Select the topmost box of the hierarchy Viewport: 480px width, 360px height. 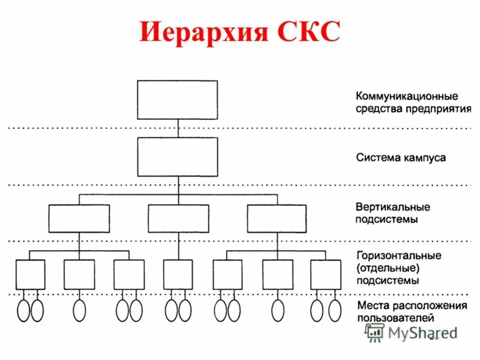point(178,99)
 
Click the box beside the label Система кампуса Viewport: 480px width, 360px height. point(178,157)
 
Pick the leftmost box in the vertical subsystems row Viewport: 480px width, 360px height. point(79,218)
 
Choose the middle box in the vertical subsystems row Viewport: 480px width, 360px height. point(178,218)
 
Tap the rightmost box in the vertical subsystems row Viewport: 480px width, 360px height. point(277,218)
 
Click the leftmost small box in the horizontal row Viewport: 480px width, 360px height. point(30,274)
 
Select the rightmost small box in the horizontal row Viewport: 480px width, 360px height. point(325,274)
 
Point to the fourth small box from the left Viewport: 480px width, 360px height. point(178,274)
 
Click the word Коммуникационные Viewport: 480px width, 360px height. point(407,96)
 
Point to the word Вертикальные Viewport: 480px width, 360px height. point(392,207)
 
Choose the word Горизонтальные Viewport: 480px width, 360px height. point(398,256)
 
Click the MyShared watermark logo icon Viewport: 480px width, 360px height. point(376,332)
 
